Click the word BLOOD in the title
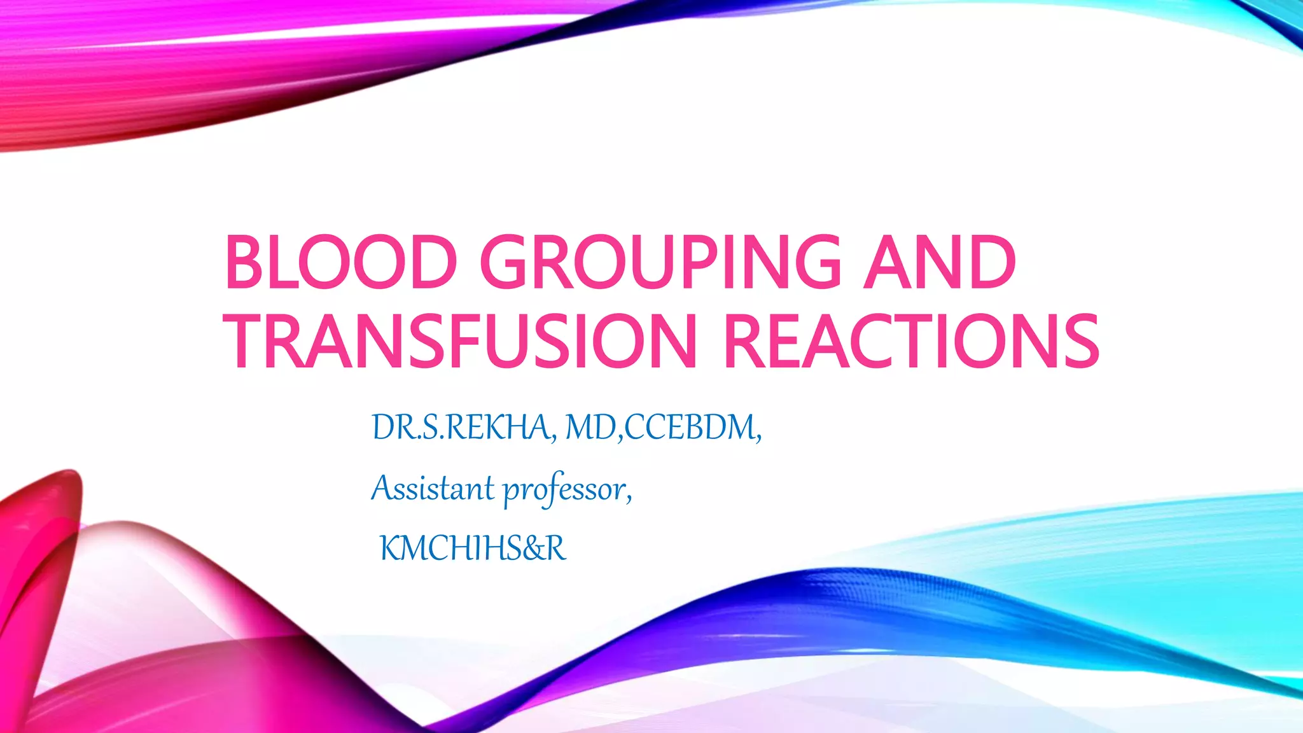340,262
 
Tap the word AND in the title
939,262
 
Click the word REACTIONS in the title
912,341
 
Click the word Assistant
433,489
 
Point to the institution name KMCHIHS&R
472,548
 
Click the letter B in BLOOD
246,262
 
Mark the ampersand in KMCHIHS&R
533,548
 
